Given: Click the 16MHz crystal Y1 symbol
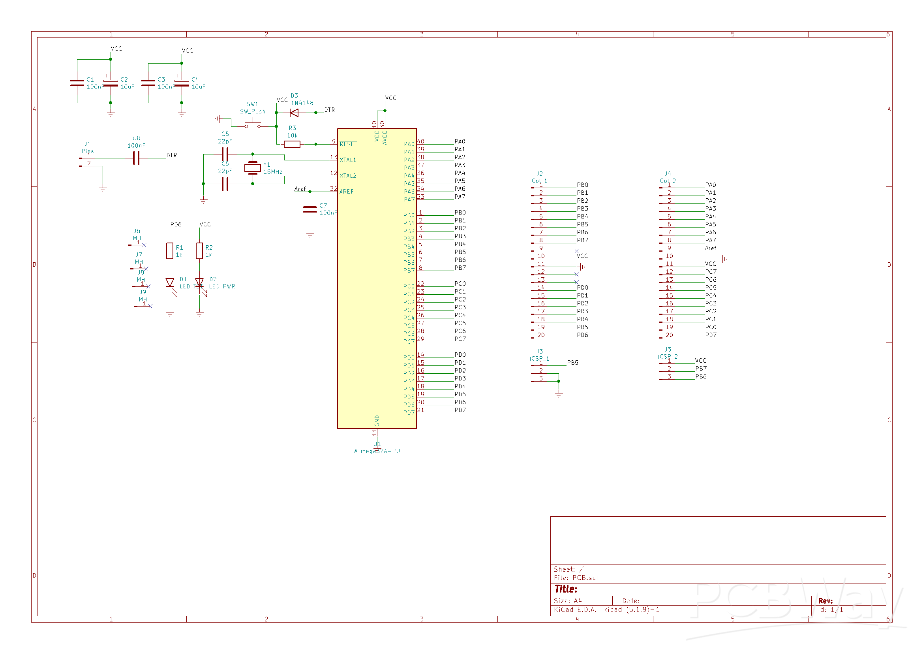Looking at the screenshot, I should (x=252, y=168).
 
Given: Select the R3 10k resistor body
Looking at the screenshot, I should (x=292, y=145).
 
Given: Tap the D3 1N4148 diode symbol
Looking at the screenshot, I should (x=294, y=113).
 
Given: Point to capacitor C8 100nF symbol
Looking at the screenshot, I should (x=136, y=158).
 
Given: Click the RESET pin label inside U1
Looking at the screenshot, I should (x=348, y=145).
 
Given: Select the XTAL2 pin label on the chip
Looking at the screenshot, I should (x=348, y=176).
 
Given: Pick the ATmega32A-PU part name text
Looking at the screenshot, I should (x=377, y=451).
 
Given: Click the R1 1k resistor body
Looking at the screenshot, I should (x=170, y=251).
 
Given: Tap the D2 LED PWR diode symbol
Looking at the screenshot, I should (x=199, y=283).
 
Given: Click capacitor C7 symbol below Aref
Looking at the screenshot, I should (x=310, y=209).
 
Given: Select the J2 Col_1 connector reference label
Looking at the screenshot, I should (x=540, y=177).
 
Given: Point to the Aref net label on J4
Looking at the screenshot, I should (x=710, y=248).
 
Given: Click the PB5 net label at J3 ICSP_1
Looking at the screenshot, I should (x=572, y=363).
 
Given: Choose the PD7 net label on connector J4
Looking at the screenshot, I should (x=710, y=335).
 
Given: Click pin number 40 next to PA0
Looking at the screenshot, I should (x=420, y=141).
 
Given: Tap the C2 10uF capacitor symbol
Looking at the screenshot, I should (x=111, y=83).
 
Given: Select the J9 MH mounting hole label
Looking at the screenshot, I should (x=143, y=296).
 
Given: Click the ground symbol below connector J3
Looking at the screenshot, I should (x=558, y=394).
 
